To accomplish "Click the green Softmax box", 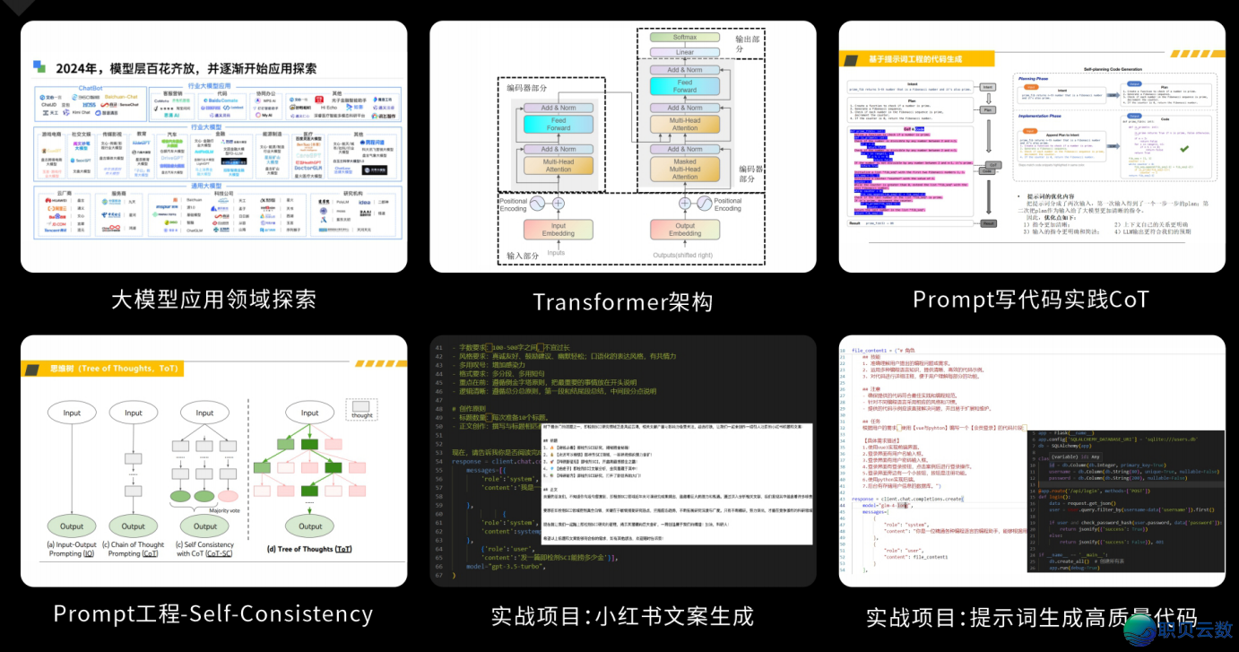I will click(x=685, y=37).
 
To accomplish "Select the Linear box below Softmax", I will click(x=685, y=52).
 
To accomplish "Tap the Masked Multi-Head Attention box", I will click(x=685, y=169).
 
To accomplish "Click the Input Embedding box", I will click(x=559, y=230).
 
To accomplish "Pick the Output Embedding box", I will click(x=685, y=230).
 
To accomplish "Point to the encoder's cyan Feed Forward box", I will click(x=559, y=124).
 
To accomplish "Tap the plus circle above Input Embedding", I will click(x=559, y=204).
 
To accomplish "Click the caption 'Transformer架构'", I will click(x=622, y=301).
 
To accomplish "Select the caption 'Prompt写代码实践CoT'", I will click(x=1030, y=299).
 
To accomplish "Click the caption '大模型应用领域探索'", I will click(x=213, y=299).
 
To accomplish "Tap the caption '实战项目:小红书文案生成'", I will click(x=622, y=616).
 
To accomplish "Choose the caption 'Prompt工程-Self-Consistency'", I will click(x=213, y=613).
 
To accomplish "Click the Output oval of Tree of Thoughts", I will click(x=310, y=526).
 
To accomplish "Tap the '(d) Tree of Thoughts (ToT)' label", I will click(x=306, y=549).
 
